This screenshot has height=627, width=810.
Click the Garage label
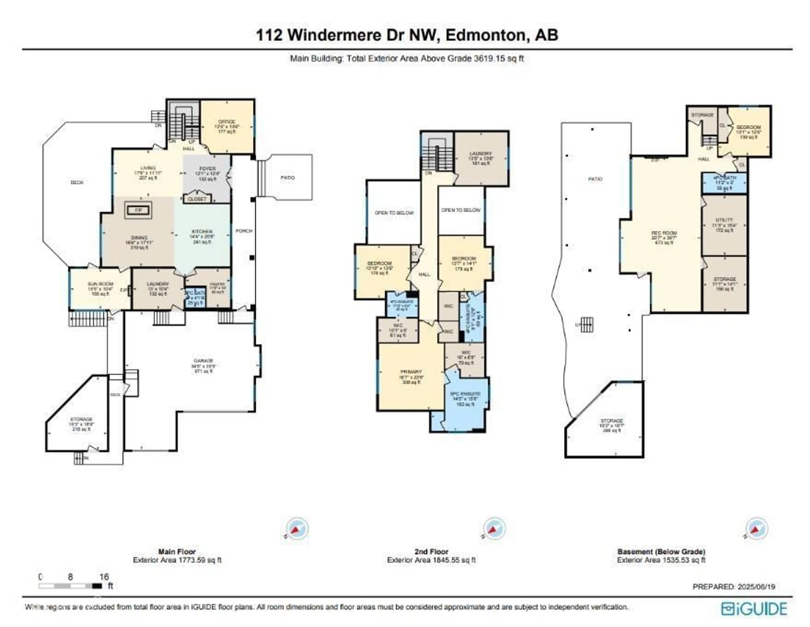(x=203, y=361)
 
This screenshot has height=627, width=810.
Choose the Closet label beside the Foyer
(x=197, y=199)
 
